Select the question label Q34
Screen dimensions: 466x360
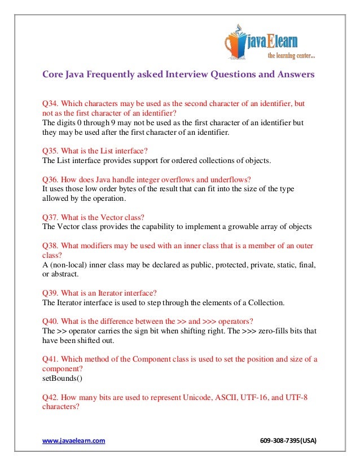[x=50, y=104]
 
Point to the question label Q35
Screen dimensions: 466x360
[x=50, y=151]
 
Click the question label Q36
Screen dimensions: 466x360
[x=50, y=179]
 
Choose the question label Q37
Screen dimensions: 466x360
[x=50, y=217]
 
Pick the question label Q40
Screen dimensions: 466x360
[x=50, y=321]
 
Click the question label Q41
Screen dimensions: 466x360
[x=50, y=359]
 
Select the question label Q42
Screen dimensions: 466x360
[x=50, y=397]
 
